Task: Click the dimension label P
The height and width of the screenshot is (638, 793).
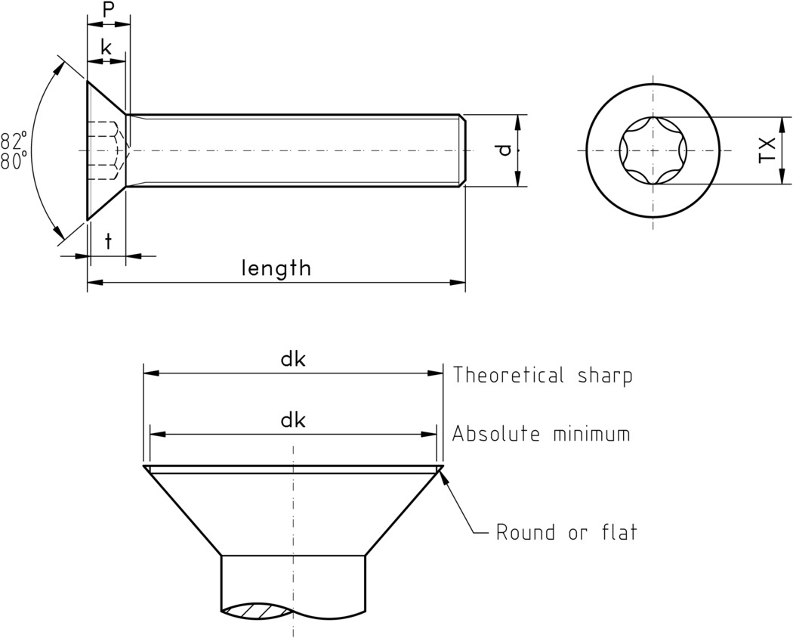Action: pyautogui.click(x=108, y=10)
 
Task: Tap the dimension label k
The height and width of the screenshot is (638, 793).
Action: pyautogui.click(x=106, y=48)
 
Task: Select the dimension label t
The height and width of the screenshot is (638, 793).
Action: pyautogui.click(x=108, y=242)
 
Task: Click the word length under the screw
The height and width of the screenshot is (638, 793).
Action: pyautogui.click(x=276, y=268)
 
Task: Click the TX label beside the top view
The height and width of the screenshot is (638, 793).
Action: pyautogui.click(x=767, y=150)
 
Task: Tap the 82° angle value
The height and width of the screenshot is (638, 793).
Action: pyautogui.click(x=14, y=141)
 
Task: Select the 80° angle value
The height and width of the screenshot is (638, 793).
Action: pyautogui.click(x=14, y=160)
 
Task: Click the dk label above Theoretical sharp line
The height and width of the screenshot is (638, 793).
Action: pyautogui.click(x=292, y=360)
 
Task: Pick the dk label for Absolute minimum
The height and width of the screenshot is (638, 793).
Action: pyautogui.click(x=292, y=420)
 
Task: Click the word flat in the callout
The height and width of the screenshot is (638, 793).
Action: pyautogui.click(x=617, y=532)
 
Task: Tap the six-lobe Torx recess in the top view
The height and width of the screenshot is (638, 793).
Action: pyautogui.click(x=654, y=150)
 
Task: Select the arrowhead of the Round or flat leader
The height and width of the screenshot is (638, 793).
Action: pyautogui.click(x=444, y=475)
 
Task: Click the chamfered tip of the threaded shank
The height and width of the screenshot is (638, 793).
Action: pyautogui.click(x=462, y=150)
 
